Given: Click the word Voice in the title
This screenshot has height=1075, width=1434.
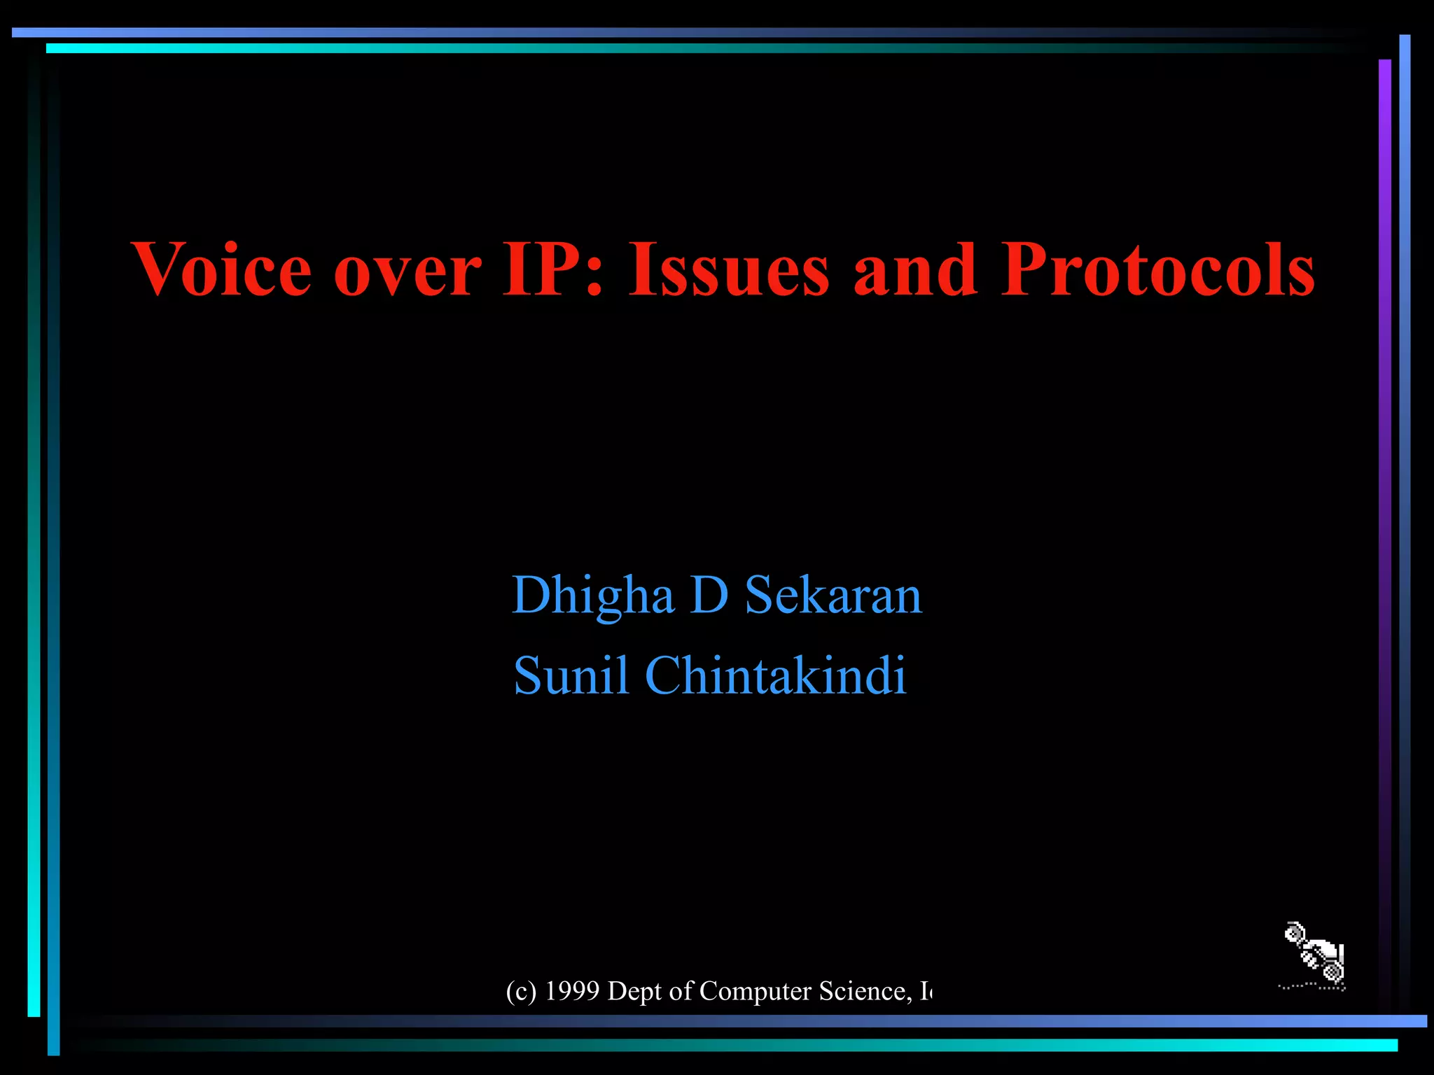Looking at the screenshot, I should (221, 270).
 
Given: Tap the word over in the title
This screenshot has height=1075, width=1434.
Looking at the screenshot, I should (408, 272).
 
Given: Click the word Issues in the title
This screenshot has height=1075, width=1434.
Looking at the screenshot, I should (728, 270).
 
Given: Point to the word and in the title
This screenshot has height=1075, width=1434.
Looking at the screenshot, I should (914, 270).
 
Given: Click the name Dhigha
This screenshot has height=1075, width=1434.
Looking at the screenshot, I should (592, 596).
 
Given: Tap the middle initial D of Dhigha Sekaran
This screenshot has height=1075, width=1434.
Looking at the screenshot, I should (709, 596).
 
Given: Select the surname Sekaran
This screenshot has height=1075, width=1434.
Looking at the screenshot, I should (833, 596).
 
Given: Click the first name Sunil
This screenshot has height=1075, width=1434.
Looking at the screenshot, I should (571, 676).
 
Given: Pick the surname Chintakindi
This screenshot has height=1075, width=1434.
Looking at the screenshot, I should (775, 676).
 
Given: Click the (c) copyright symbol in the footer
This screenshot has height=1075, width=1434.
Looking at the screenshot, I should (521, 991).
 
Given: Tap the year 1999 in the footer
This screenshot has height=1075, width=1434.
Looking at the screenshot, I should (572, 991).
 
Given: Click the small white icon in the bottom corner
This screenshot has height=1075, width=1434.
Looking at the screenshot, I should (1314, 956).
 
